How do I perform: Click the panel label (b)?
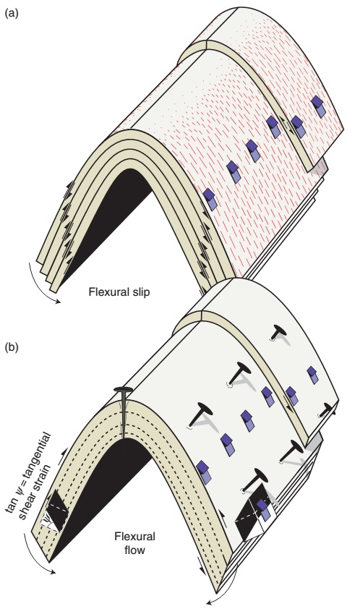(x=12, y=347)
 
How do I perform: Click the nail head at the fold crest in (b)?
(x=124, y=391)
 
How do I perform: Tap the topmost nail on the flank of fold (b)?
(x=276, y=333)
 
